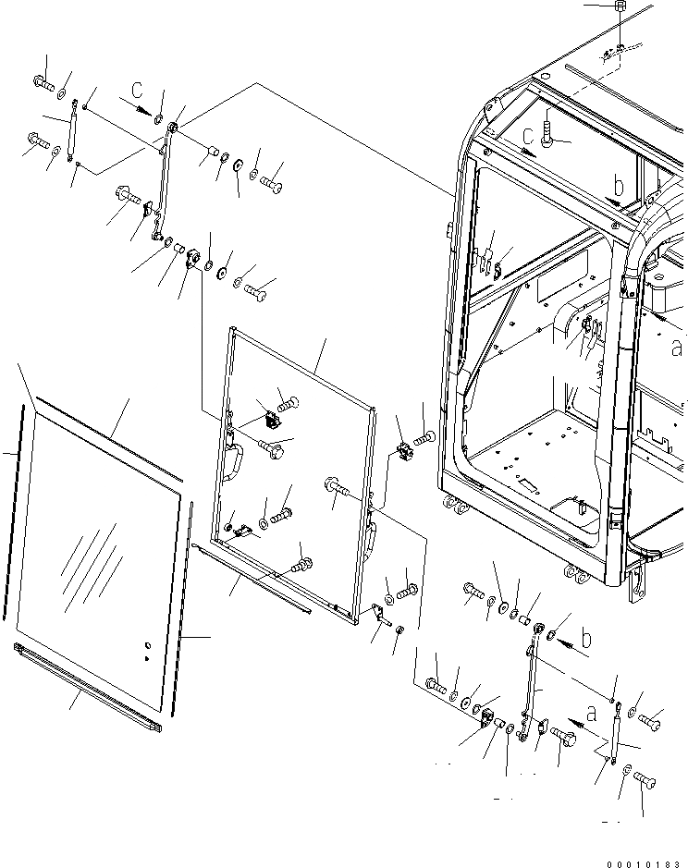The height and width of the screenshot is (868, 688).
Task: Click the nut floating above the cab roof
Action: (621, 6)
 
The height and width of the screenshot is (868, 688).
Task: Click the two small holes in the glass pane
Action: (146, 650)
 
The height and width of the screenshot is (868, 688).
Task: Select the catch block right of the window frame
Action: (403, 453)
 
